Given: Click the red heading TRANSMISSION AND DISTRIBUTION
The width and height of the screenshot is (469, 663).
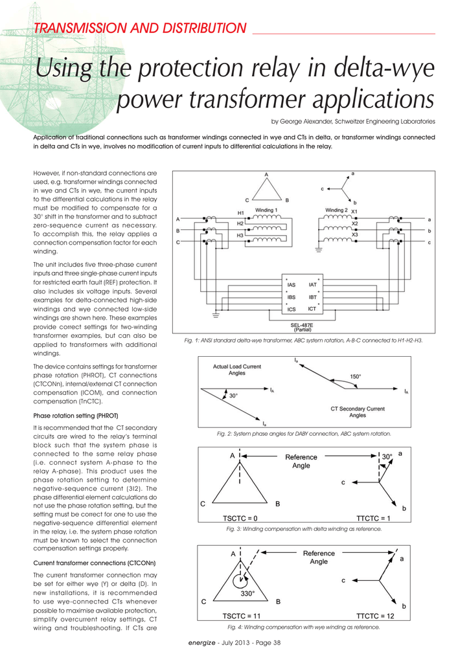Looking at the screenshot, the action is click(140, 28).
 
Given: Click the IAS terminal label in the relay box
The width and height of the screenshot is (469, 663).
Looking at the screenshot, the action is click(292, 286).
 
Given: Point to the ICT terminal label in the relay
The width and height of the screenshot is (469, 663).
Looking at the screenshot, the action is click(312, 309).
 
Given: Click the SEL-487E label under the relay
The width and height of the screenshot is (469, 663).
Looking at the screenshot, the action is click(302, 325).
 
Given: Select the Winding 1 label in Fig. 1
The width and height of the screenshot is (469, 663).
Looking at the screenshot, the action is click(266, 210).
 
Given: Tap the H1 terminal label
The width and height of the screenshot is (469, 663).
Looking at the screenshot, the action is click(240, 213).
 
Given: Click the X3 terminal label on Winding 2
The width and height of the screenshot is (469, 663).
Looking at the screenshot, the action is click(355, 234).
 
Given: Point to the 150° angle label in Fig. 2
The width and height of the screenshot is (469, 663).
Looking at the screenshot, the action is click(356, 376).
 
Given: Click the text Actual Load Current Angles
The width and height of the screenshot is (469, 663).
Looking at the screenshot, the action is click(237, 370).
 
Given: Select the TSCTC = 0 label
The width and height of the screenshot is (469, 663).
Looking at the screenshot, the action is click(240, 519).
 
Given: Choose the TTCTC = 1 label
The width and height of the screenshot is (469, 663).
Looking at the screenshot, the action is click(373, 519).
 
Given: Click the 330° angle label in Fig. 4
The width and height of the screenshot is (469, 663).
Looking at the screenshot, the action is click(247, 594).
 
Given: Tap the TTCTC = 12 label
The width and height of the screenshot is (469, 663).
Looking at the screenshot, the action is click(375, 616).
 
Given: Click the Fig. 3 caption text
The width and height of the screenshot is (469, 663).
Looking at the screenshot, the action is click(304, 529).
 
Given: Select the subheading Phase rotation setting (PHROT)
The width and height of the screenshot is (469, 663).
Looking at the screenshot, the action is click(76, 416).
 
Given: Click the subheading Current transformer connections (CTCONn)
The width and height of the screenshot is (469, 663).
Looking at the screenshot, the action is click(95, 563).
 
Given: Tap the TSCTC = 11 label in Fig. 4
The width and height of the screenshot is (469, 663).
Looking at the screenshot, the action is click(242, 616).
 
